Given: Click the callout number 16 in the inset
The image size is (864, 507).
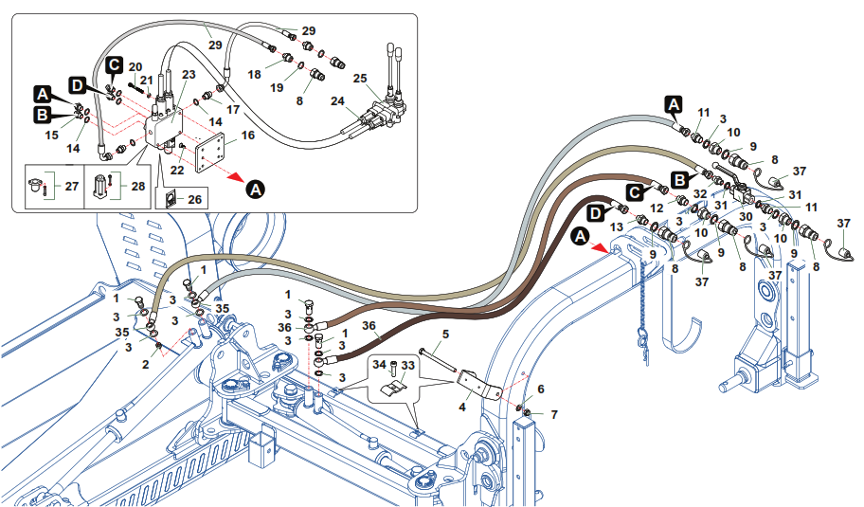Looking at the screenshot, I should tap(248, 136).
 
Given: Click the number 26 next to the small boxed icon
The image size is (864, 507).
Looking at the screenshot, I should tap(195, 199).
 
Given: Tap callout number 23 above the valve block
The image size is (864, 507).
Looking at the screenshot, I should tap(188, 74).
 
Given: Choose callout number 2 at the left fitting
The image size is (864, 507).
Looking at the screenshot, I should tap(145, 364).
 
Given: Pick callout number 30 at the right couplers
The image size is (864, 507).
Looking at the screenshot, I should tap(747, 216).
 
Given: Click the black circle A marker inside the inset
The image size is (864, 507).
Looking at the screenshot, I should tap(253, 190).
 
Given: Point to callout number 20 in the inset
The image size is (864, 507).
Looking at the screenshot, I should tap(135, 66).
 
